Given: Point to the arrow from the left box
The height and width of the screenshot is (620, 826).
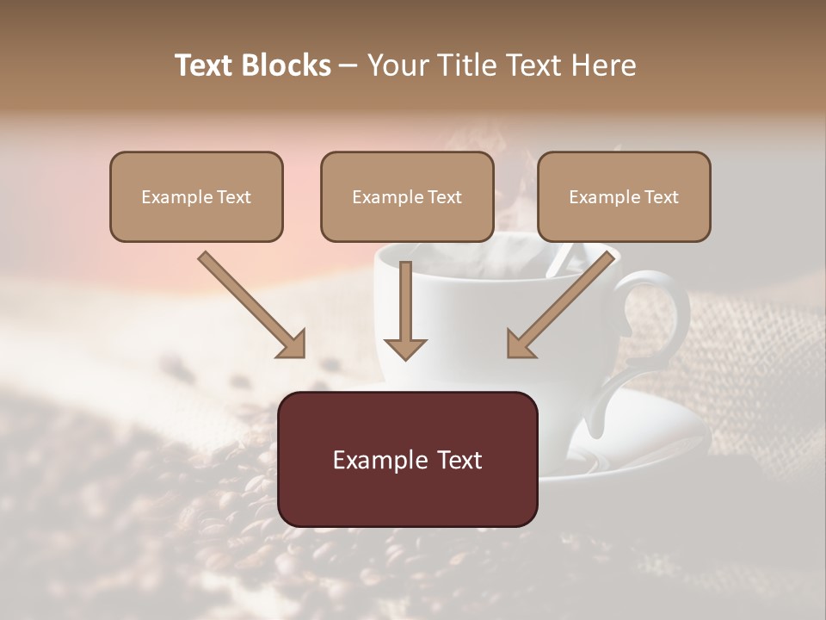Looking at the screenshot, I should click(x=250, y=302).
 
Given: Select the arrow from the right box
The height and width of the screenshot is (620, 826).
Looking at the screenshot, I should click(x=564, y=302).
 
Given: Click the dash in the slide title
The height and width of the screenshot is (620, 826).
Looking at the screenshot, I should click(x=348, y=65).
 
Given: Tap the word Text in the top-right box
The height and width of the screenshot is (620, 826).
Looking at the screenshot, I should click(x=662, y=197).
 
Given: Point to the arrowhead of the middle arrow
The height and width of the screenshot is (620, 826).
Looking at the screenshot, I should click(x=405, y=348).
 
